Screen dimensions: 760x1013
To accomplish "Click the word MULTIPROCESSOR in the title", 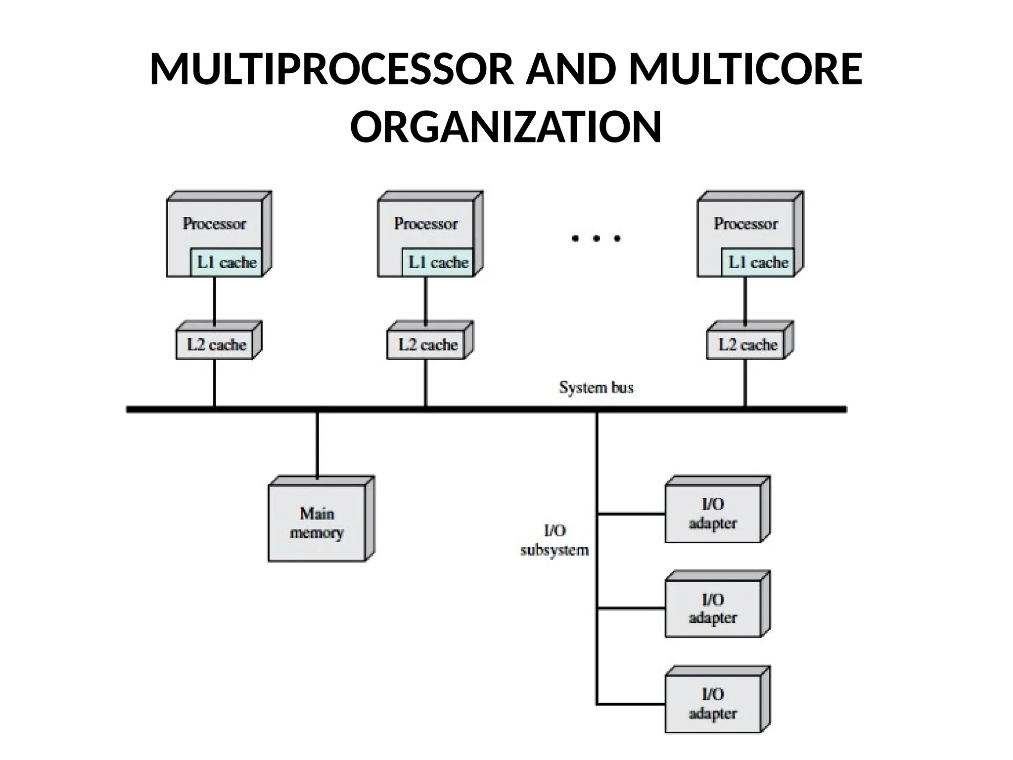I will point(331,69).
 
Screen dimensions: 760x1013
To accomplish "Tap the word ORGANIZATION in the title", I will point(506,127).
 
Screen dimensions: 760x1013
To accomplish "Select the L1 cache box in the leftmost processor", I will point(227,262).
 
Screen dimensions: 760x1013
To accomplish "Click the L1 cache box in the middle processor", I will point(438,262).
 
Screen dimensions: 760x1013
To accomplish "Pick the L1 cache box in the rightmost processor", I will point(758,262).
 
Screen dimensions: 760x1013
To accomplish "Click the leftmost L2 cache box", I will point(216,344).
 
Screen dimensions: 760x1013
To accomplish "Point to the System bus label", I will point(596,387).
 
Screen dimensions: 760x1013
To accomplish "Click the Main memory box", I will point(317,522).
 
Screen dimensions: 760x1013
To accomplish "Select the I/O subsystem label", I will point(554,540).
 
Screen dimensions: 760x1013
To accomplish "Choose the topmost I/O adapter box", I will point(712,514).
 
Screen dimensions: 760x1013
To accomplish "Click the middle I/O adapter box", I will point(712,608).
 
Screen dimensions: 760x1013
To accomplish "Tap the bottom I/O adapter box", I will point(712,704).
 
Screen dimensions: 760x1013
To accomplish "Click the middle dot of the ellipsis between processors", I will point(596,239).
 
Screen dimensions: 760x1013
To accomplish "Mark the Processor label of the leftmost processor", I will point(214,224).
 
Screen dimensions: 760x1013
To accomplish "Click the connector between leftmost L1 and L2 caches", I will point(214,299).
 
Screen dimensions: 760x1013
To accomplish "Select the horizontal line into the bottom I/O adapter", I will point(631,703).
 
